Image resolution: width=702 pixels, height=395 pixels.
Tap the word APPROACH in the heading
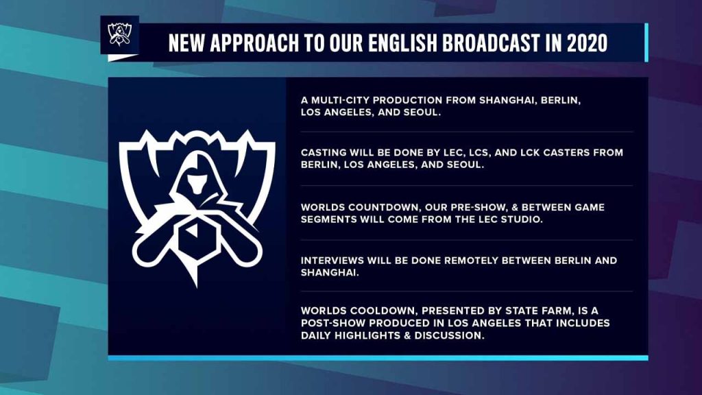click(254, 43)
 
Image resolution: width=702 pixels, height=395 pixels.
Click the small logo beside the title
click(119, 34)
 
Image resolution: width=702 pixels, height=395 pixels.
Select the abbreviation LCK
click(531, 152)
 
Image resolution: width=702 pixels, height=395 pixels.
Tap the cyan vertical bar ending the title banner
click(646, 43)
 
